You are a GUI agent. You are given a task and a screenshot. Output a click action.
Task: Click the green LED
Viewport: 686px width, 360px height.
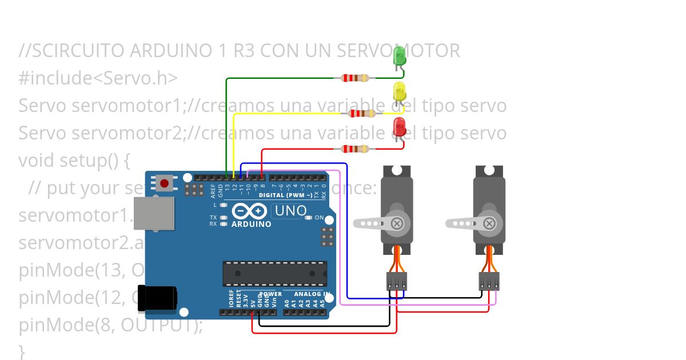pos(400,56)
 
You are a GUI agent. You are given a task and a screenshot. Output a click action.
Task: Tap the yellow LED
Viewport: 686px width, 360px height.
pos(399,91)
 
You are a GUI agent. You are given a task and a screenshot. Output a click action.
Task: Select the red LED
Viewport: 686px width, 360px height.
pos(399,127)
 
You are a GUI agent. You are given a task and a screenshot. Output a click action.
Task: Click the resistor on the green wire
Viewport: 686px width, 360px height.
pos(356,78)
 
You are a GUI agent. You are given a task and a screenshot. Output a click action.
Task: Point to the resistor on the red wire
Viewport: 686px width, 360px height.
pos(356,149)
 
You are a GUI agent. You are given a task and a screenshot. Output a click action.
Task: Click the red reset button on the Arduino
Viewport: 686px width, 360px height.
pos(165,183)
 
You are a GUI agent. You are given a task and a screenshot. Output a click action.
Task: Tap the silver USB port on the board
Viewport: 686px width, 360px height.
pos(153,214)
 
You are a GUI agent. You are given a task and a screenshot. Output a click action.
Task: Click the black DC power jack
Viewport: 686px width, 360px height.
pos(157,298)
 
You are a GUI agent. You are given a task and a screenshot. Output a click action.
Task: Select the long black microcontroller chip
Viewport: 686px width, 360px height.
pos(275,273)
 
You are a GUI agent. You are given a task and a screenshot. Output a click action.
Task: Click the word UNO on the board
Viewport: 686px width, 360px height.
pos(290,211)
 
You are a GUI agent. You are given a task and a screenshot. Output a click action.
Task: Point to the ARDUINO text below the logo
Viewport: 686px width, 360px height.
pos(251,224)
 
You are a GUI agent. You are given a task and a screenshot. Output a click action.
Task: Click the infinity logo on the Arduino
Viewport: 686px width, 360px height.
pos(250,211)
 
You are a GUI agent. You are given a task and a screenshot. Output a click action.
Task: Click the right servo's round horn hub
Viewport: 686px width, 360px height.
pos(489,223)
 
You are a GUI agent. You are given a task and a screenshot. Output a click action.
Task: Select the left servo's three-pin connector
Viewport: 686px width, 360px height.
pos(397,281)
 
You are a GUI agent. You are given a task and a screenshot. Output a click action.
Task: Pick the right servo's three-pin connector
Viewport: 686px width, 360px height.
pos(489,281)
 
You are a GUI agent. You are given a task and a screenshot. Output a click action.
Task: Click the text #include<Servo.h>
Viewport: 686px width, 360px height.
pos(98,78)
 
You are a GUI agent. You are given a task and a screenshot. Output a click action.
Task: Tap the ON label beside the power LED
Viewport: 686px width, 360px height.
pos(319,218)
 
